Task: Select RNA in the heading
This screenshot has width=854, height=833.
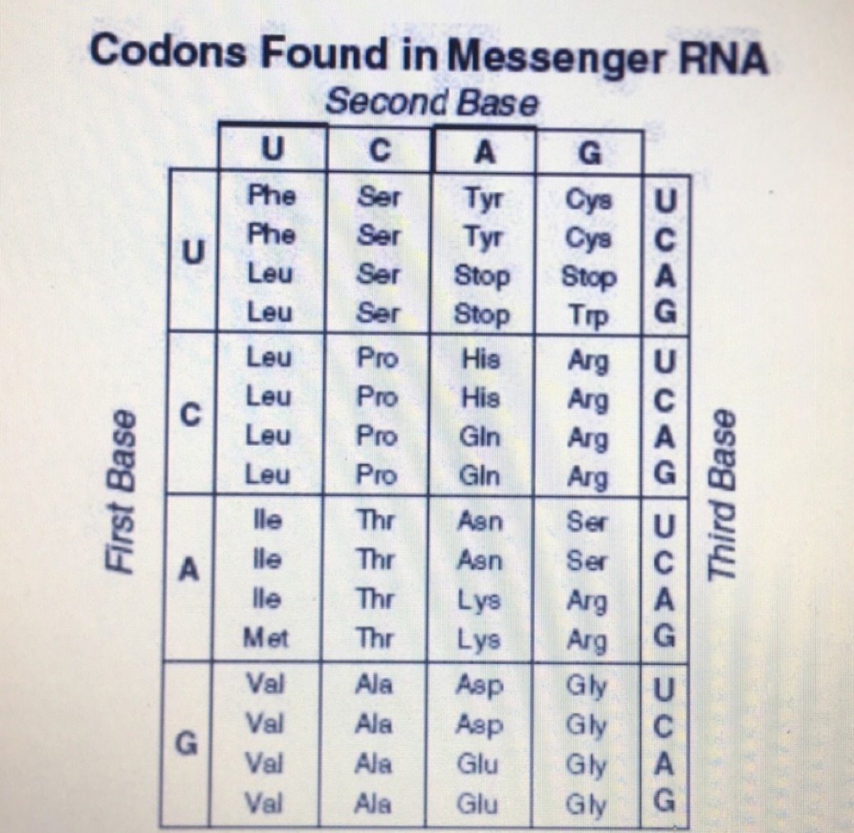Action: click(x=722, y=59)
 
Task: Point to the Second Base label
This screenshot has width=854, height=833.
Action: click(x=431, y=103)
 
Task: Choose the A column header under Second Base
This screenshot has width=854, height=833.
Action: click(x=484, y=152)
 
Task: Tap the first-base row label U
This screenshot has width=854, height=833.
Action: click(x=191, y=251)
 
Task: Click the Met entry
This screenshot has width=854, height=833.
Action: click(x=266, y=637)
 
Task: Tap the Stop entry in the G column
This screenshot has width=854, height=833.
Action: click(x=589, y=277)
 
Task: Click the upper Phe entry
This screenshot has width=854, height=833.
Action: click(x=270, y=195)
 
